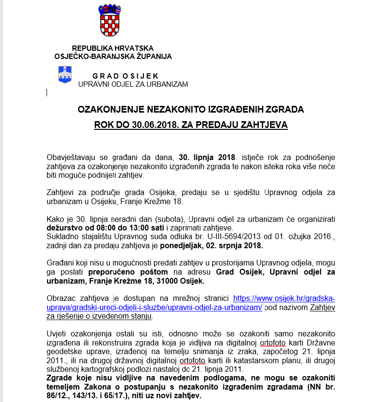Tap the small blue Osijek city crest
click(65, 75)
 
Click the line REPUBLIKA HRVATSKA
click(113, 48)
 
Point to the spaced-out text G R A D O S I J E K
click(126, 76)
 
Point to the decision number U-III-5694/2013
click(220, 237)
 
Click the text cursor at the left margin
click(47, 92)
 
